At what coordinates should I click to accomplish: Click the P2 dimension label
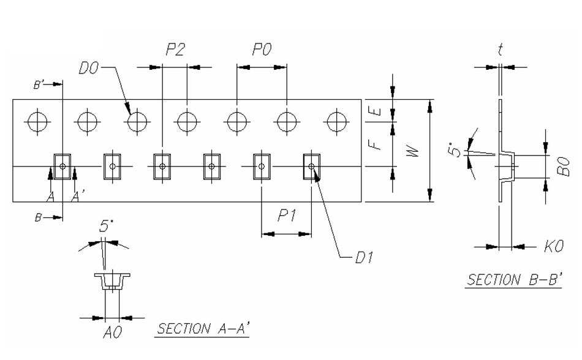coord(175,51)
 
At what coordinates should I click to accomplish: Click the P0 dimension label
coord(262,51)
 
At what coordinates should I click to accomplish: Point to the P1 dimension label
coord(287,216)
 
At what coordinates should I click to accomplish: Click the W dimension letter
coord(415,151)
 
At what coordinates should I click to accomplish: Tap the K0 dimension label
coord(554,247)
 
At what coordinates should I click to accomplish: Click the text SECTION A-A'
coord(204,329)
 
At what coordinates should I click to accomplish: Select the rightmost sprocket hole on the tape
coord(334,121)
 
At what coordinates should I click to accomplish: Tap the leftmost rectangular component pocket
coord(62,166)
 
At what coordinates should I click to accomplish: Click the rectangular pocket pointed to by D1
coord(312,166)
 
